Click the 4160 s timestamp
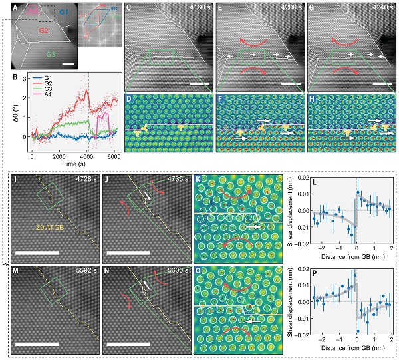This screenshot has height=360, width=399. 194,10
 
